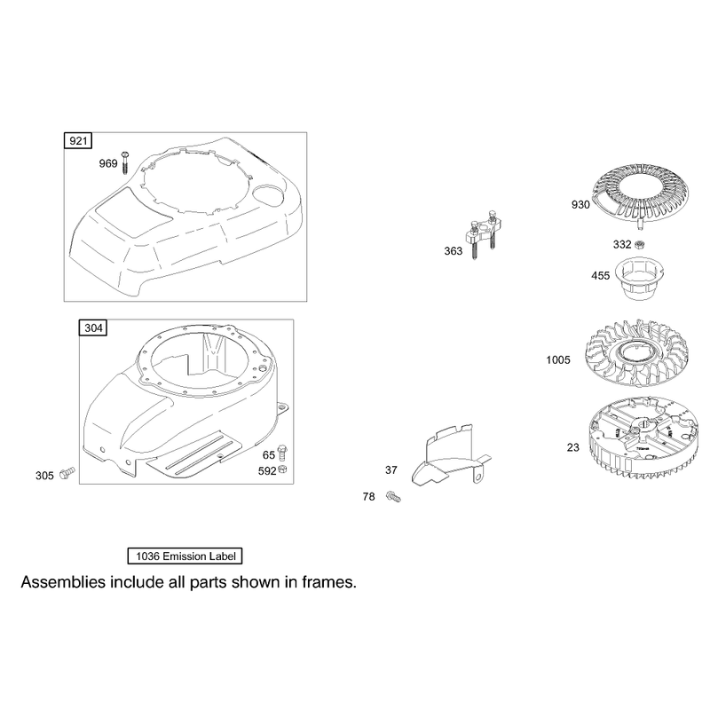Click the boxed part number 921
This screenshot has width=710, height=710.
(78, 141)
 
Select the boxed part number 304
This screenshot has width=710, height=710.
(93, 327)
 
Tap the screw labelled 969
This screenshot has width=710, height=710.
(125, 162)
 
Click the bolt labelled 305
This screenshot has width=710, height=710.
(68, 473)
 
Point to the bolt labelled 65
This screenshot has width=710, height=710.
(282, 453)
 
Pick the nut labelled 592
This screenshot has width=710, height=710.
(283, 469)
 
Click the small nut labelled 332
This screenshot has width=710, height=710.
(639, 245)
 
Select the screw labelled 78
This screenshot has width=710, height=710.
(393, 496)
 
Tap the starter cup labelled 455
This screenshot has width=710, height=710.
(639, 278)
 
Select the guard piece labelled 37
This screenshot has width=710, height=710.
(449, 455)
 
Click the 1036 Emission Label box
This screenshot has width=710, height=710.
(185, 556)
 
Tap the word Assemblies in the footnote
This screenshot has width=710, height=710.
(63, 582)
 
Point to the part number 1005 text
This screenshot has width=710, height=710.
(558, 360)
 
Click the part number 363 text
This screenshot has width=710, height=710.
(454, 251)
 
